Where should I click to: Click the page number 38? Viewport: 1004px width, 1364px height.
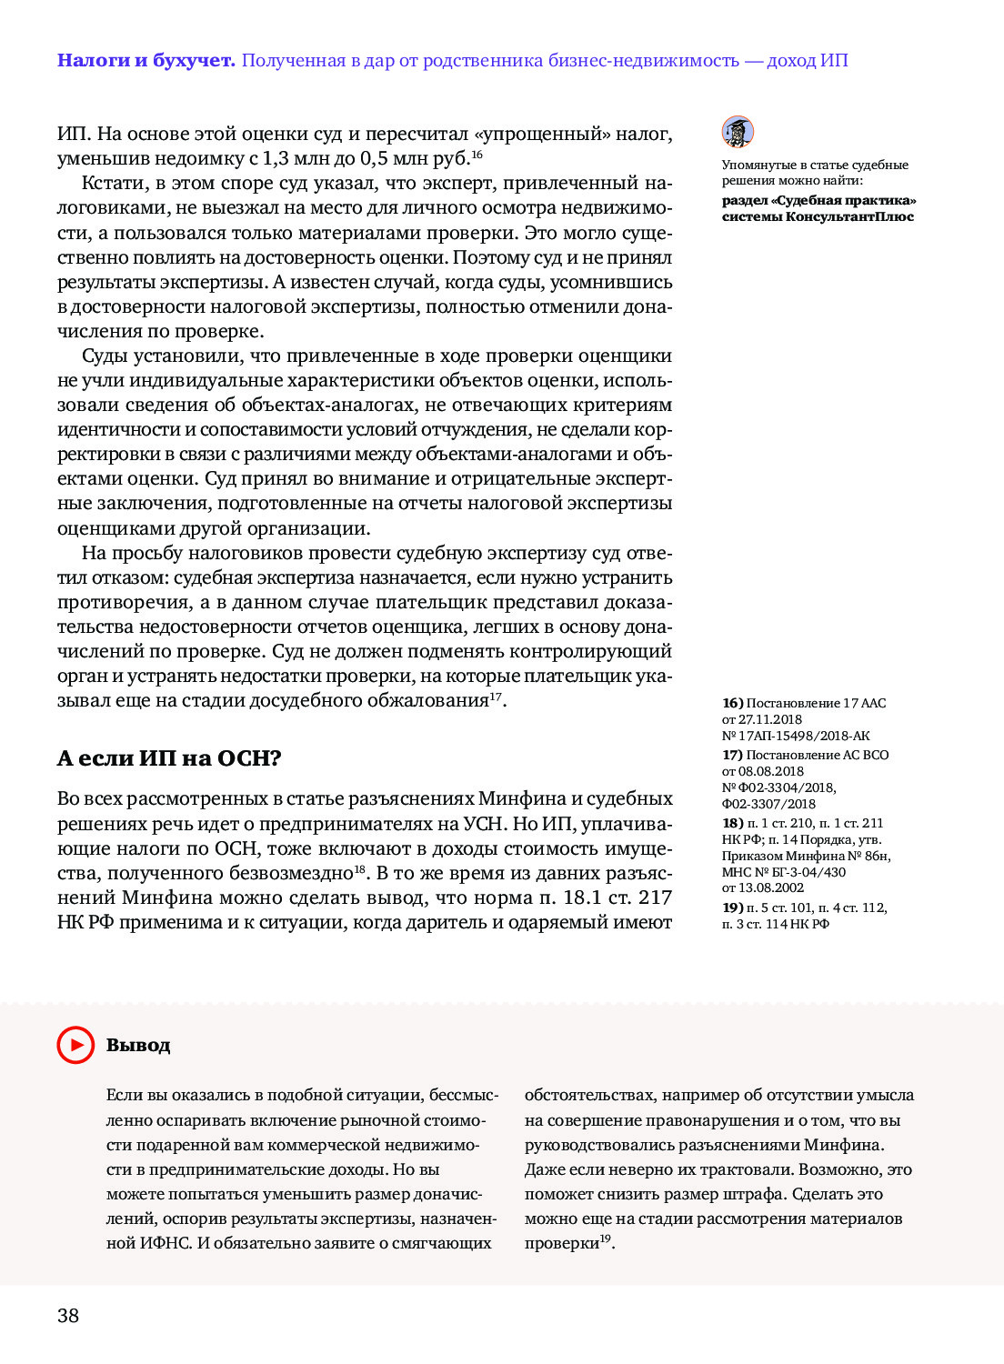(68, 1316)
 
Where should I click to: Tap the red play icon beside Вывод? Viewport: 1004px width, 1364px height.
(75, 1045)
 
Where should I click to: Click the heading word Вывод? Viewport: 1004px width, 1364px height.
(138, 1046)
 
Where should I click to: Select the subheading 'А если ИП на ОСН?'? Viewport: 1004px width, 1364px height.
(169, 758)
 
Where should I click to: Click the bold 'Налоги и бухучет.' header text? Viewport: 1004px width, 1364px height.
(146, 61)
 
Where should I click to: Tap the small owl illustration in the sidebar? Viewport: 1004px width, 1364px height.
(738, 132)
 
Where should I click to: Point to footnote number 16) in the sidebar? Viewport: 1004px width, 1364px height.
(733, 703)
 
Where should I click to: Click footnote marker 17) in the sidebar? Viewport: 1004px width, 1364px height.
(733, 755)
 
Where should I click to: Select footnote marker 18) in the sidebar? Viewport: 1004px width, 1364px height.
(733, 823)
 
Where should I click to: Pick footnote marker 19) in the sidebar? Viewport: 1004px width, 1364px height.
(733, 908)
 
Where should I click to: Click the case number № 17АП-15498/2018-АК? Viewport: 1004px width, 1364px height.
(796, 736)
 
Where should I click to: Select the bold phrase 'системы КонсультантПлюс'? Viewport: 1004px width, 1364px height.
(818, 216)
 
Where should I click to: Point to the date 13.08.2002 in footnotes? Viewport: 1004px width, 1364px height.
(771, 888)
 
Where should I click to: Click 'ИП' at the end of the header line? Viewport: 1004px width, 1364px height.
(834, 61)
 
